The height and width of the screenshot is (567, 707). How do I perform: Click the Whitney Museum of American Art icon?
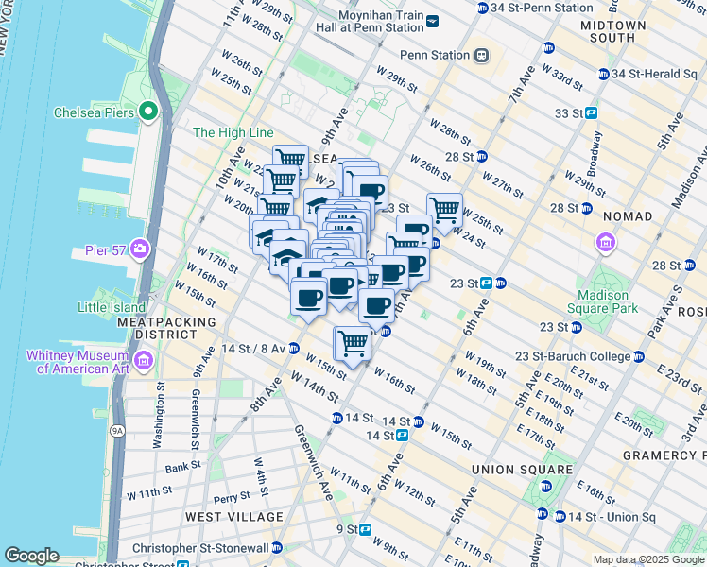point(144,359)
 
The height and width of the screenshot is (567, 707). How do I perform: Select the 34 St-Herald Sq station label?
point(651,74)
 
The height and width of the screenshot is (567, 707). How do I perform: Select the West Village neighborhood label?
point(233,517)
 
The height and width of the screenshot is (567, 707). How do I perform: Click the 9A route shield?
point(117,431)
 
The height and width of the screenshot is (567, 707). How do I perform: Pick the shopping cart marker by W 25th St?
point(444,210)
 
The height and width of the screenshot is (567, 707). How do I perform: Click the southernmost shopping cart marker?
point(353,342)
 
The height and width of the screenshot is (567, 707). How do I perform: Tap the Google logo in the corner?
point(31,556)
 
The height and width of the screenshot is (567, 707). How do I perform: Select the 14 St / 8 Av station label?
point(253,349)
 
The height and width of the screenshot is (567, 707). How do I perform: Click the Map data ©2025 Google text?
point(647,559)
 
